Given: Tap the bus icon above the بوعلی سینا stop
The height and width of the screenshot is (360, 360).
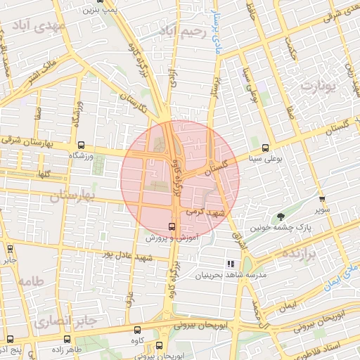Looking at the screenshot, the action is pos(265,148).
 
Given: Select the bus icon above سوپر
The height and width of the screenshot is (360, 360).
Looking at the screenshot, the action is pos(321,199).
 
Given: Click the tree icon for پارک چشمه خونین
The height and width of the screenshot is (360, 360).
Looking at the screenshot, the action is pos(281,217).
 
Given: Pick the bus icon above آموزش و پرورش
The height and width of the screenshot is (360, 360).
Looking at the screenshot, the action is pos(172,226).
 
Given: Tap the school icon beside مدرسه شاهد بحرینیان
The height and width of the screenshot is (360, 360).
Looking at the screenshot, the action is pos(229,264).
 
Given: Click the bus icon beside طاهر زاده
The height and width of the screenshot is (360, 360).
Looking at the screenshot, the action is pos(57,338).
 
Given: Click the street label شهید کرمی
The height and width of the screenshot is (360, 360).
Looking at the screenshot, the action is pos(203,210).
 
